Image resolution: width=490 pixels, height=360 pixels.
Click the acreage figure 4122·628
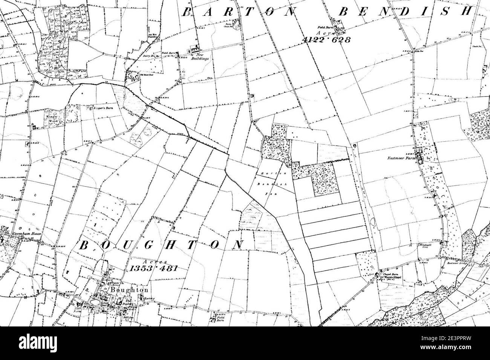pyautogui.click(x=326, y=40)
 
